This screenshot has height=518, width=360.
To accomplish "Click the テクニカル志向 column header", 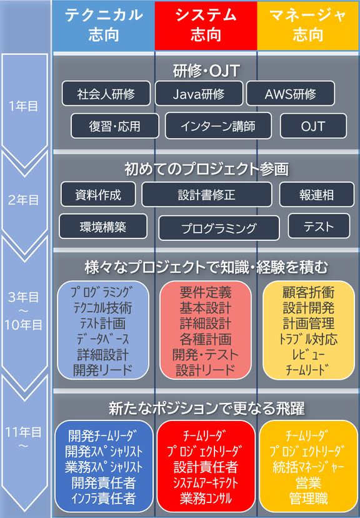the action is [x=104, y=26].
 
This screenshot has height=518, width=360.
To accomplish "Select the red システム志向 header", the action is [x=206, y=26].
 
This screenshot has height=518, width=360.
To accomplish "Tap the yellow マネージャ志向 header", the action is [x=308, y=26].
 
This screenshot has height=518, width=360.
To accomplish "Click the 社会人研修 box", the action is [x=106, y=94].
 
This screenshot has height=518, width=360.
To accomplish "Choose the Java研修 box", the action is [x=199, y=94].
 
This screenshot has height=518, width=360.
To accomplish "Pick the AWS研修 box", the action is [x=291, y=94].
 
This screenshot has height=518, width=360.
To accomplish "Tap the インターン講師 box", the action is [x=218, y=126].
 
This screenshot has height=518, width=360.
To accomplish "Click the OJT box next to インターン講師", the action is [x=313, y=126].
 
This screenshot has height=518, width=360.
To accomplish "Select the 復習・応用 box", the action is [x=115, y=126].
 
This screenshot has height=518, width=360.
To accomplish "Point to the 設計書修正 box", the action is [x=207, y=195].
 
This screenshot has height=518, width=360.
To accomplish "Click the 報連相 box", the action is [x=316, y=195].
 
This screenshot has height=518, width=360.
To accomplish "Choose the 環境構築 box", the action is [x=103, y=226].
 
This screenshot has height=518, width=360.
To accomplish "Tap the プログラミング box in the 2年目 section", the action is [x=219, y=228].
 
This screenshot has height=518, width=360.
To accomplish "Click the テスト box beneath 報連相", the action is [x=319, y=226].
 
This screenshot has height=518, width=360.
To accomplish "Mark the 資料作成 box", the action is [x=98, y=195].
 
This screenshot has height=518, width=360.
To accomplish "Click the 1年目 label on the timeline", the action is [x=23, y=106].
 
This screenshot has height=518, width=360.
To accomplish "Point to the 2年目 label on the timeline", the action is [x=23, y=200].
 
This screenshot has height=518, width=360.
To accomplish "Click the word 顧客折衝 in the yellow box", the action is [x=309, y=292].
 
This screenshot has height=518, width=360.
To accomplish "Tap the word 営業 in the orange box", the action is [x=309, y=482].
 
